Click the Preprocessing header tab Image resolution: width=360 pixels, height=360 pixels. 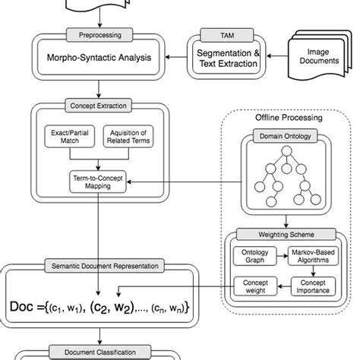[100, 35]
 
